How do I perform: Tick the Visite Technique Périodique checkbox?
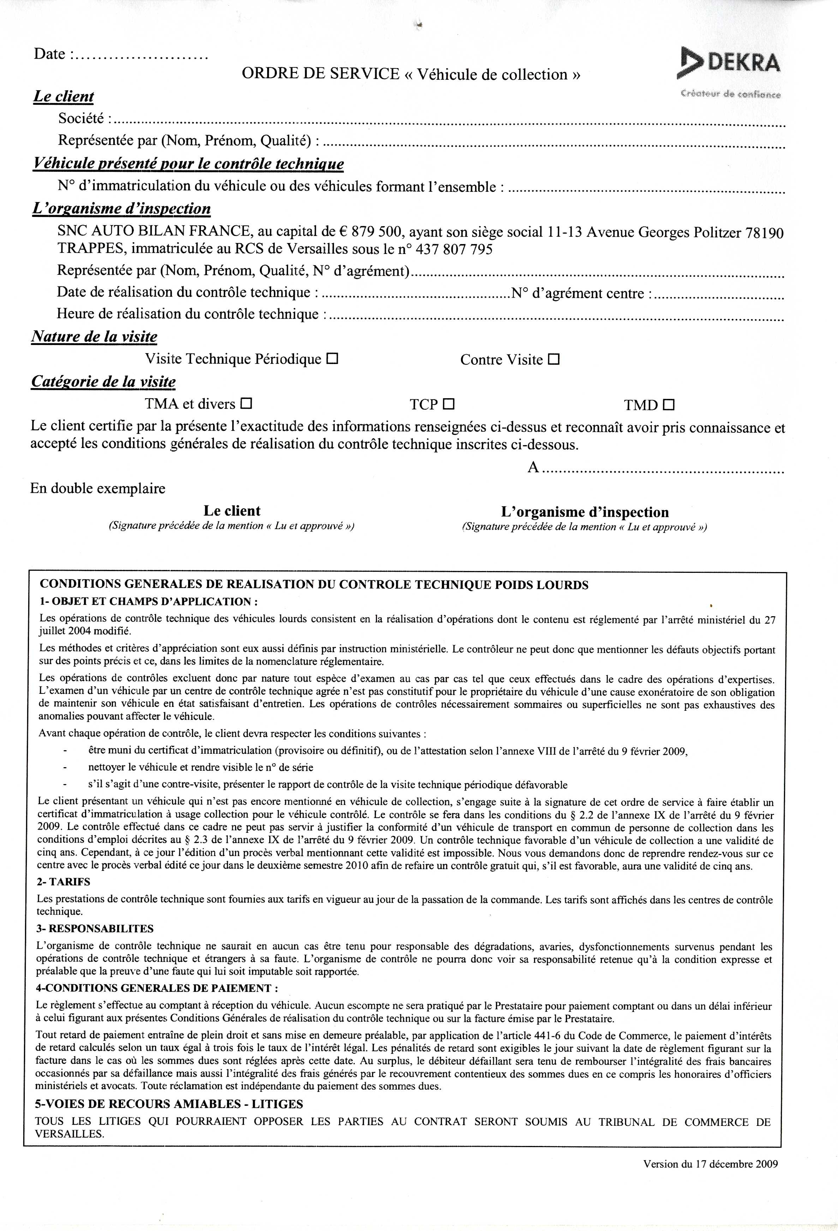[332, 359]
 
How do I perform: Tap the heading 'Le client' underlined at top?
[63, 96]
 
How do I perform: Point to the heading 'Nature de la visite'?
[94, 337]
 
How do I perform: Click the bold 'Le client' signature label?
[232, 511]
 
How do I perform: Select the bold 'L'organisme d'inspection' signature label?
[585, 512]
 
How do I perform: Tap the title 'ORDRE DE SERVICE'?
[320, 74]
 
